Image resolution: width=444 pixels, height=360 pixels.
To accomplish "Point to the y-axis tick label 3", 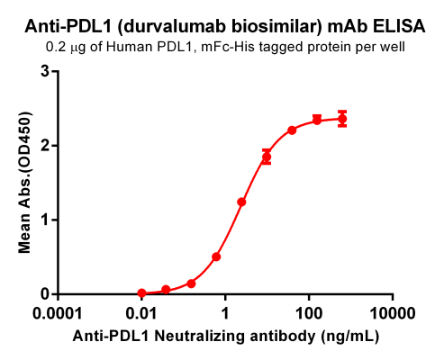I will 43,70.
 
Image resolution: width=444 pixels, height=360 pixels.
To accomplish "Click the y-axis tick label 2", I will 43,145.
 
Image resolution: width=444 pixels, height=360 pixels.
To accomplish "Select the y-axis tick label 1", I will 43,220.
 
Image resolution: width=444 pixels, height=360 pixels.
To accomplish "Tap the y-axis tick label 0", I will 43,294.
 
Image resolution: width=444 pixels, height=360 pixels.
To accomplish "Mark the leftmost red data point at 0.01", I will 141,293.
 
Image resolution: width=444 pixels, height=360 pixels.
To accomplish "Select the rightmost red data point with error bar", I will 342,119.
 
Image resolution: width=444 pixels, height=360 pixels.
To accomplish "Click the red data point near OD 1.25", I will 241,202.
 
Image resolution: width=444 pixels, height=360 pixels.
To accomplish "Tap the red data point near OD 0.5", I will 216,256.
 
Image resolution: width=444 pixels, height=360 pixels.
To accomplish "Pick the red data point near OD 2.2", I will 292,130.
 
